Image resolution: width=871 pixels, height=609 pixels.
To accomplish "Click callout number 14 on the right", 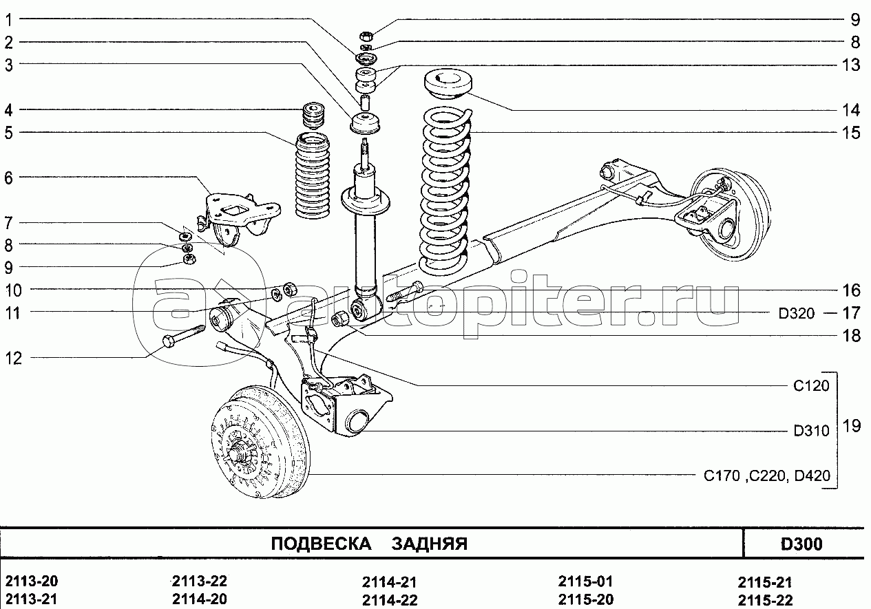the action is coord(851,110).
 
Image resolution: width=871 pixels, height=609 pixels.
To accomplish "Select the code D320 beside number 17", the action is coord(797,313).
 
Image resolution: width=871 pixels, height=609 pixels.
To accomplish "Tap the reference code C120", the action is coord(811,385).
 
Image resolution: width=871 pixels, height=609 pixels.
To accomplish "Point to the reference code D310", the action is coord(811,431).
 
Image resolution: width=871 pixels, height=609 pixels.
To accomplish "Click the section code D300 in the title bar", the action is coord(801,544).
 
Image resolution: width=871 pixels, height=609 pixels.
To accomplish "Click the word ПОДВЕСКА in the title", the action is coord(321,544).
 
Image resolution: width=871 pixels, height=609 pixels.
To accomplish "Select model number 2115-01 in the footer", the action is coord(585,581).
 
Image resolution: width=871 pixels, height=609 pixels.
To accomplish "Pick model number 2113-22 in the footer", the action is coord(200,581).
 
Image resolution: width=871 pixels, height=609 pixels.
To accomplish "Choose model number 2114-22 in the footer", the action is coord(390,600).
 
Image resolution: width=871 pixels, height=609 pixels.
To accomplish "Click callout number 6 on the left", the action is coord(8,178).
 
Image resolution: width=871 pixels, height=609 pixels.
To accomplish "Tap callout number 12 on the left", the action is coord(14,359).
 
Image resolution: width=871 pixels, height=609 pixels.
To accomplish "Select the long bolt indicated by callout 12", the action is coord(185,335).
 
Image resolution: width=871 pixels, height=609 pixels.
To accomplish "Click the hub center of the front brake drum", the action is coord(236,454).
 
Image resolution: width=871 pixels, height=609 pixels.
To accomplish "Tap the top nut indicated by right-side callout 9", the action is coord(366,36).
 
